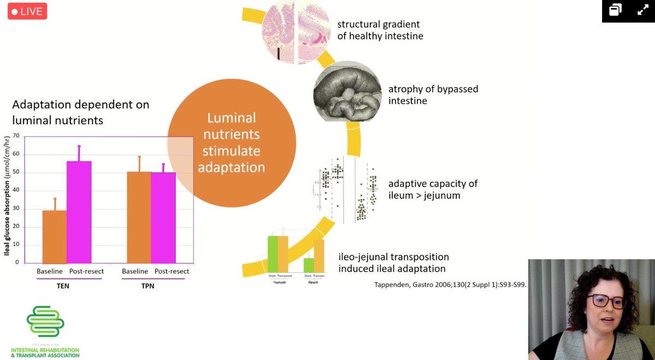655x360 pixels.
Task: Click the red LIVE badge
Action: coord(27,11)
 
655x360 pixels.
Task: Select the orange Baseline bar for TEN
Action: coord(55,236)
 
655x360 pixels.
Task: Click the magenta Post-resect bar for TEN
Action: coord(79,212)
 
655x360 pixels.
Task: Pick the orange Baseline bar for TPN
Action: coord(139,217)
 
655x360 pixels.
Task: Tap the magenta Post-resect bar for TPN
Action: coord(163,218)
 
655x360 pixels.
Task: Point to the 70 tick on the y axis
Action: coord(16,136)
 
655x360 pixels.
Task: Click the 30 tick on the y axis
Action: coord(16,208)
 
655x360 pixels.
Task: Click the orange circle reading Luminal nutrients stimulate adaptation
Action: coord(231,143)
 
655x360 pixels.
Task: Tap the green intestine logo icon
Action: coord(45,322)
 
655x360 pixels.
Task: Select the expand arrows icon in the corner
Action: coord(642,10)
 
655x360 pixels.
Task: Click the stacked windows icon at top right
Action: coord(616,10)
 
